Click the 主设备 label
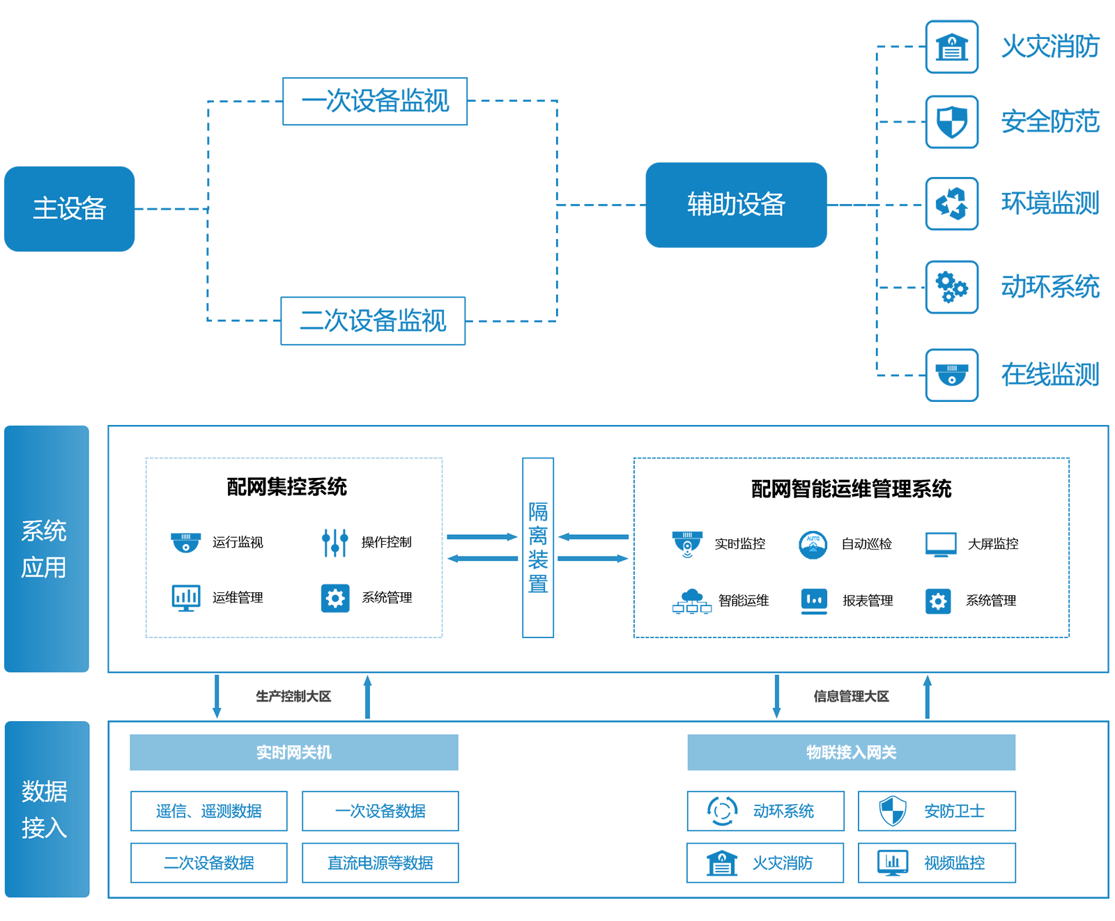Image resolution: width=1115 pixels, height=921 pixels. pos(69,208)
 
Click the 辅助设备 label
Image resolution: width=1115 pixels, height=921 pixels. pos(736,204)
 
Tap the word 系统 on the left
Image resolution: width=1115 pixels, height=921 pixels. pos(44,531)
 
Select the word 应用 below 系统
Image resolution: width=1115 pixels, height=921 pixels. pos(44,567)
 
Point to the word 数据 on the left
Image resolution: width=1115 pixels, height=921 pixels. pos(44,791)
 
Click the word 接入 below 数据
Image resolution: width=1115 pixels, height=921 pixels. pos(44,828)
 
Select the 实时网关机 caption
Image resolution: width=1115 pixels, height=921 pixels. pos(293,752)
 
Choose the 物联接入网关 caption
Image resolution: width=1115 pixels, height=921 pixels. pos(851,752)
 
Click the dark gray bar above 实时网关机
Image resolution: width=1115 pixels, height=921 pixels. pos(293,696)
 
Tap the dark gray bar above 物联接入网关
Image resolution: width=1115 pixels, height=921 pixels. pos(852,696)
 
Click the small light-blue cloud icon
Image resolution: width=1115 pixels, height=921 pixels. pos(813,541)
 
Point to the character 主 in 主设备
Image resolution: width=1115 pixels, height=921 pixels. pos(45,208)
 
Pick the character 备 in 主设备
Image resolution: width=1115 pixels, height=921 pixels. pos(94,208)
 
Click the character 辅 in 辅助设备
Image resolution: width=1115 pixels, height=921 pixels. pos(699,204)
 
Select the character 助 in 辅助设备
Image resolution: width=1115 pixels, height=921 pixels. pos(724,204)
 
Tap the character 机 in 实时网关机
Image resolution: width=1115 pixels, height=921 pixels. pos(324,752)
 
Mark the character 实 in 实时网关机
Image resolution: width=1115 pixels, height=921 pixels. pos(263,752)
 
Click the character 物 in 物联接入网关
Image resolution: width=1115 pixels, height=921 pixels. pos(814,752)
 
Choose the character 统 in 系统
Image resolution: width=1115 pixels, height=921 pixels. pos(56,531)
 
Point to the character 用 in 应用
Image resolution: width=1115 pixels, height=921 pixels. pos(56,567)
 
